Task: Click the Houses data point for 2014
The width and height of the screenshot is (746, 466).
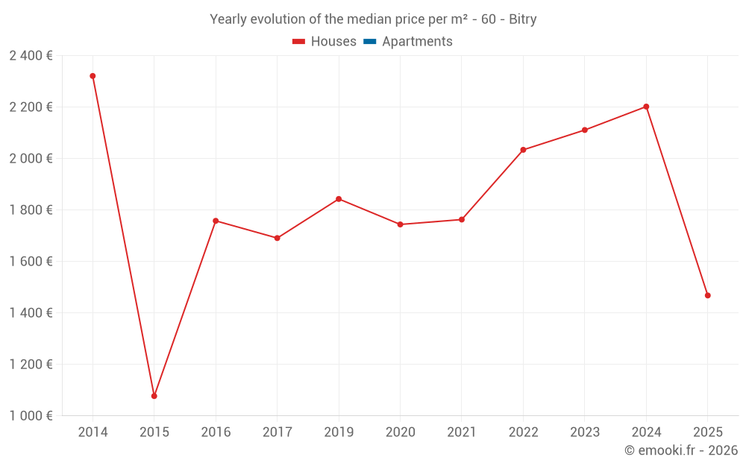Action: (93, 76)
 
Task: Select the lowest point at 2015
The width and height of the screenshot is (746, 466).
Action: (154, 396)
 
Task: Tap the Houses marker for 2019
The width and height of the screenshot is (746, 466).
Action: (339, 199)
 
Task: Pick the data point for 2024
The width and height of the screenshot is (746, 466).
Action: (646, 107)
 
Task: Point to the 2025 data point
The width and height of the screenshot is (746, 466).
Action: (708, 295)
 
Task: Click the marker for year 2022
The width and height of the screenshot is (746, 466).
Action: (523, 150)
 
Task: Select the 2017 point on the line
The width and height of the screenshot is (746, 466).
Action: (278, 238)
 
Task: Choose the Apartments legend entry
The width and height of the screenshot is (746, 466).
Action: (417, 42)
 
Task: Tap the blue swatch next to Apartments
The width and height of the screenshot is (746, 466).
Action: (369, 42)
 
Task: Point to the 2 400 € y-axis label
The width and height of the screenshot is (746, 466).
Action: (31, 55)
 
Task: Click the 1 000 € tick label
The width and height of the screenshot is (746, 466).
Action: (31, 415)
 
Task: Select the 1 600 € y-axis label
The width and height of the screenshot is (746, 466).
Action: (31, 261)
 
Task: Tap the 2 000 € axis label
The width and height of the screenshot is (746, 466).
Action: (31, 158)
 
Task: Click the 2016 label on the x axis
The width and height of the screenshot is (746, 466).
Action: (216, 432)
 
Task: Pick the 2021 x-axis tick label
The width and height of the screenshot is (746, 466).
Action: (462, 432)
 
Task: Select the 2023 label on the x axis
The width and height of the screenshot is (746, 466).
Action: (585, 432)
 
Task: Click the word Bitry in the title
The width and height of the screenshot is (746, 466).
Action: (522, 19)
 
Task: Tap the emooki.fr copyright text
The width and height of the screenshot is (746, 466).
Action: (681, 450)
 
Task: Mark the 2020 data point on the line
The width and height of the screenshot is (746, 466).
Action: (401, 224)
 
